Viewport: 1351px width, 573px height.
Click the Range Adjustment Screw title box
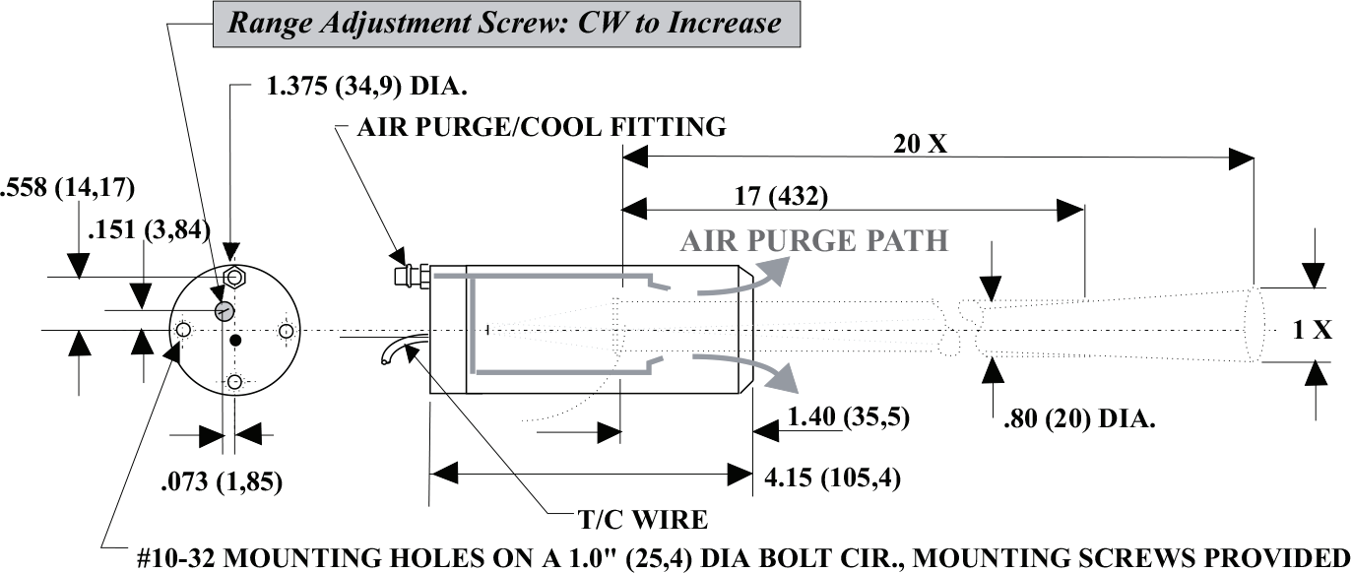[505, 23]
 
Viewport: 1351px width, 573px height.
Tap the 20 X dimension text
[920, 145]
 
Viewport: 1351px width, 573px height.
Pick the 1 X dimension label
[1312, 331]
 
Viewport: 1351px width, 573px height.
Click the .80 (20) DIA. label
[1078, 418]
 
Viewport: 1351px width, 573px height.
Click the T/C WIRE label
[642, 519]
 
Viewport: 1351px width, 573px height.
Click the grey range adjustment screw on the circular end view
[225, 311]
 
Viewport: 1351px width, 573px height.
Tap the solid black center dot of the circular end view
[234, 341]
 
